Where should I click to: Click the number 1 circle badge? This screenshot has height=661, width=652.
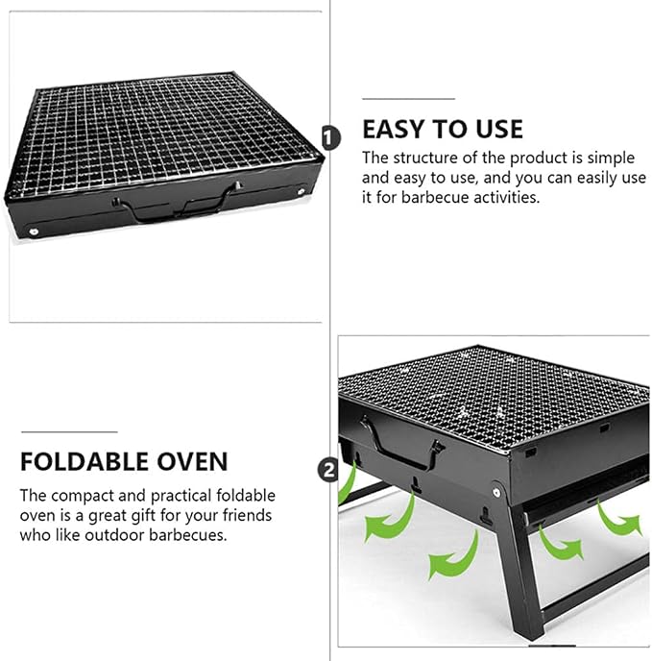click(331, 137)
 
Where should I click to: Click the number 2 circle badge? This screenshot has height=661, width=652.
click(328, 470)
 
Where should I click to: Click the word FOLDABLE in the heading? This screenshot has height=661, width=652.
click(85, 461)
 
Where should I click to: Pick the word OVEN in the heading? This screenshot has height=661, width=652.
click(192, 461)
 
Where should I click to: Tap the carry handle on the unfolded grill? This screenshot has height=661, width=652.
click(401, 445)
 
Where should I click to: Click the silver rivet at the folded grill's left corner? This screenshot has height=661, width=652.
click(34, 231)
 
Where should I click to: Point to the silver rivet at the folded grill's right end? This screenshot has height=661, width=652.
click(302, 192)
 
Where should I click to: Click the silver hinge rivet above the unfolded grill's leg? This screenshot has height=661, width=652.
click(496, 492)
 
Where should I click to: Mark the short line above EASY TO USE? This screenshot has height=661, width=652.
click(408, 99)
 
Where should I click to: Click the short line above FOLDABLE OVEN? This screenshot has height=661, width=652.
click(69, 431)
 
